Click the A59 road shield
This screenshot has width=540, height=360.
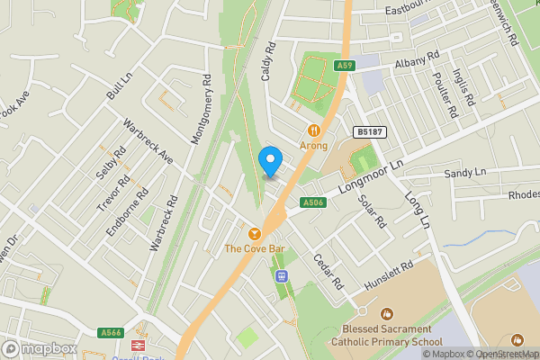click(343, 66)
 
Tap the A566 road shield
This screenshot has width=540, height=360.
click(112, 333)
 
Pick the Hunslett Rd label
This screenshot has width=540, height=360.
click(389, 276)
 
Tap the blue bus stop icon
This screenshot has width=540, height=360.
click(283, 275)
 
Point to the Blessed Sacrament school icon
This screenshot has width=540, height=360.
click(387, 314)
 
